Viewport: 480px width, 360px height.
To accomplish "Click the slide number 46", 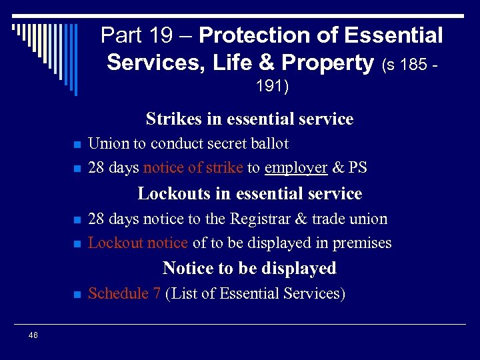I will click(x=33, y=335).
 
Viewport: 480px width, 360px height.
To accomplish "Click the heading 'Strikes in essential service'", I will click(x=249, y=119).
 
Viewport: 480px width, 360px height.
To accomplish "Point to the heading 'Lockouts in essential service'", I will click(x=249, y=194).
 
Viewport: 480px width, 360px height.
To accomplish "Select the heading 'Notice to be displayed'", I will click(x=249, y=269).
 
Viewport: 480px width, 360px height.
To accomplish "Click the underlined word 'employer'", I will click(x=295, y=168).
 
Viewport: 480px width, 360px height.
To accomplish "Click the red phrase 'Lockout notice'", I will click(x=138, y=243).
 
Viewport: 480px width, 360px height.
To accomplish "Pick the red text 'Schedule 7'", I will click(x=124, y=293).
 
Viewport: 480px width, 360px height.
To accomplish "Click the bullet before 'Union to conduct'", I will click(x=77, y=145).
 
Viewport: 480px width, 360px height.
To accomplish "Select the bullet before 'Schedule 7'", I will click(x=77, y=295).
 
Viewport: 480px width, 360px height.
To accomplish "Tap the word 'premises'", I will click(x=363, y=243).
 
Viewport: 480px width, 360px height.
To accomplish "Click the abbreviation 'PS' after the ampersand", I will click(x=357, y=168).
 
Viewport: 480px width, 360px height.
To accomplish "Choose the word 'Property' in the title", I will click(x=327, y=63).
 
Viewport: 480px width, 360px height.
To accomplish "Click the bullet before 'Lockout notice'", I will click(x=77, y=244).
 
